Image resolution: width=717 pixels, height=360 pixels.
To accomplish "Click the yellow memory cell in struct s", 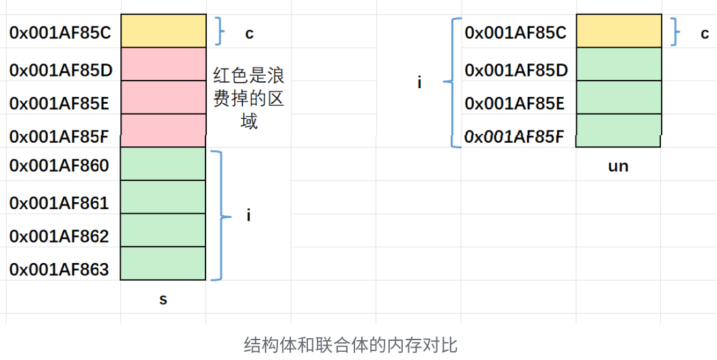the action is click(163, 31).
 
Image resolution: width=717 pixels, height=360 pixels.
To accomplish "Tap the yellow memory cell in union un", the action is click(618, 31).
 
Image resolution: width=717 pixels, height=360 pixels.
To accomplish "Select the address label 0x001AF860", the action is click(59, 166).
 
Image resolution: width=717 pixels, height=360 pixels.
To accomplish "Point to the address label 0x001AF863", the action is click(59, 270).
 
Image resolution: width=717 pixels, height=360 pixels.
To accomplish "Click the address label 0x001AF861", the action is click(59, 203).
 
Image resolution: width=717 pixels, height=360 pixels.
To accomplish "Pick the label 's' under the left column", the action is click(163, 299).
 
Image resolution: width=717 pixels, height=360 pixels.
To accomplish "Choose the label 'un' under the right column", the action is click(618, 166).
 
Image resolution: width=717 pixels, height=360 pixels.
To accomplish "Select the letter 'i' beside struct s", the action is click(249, 216).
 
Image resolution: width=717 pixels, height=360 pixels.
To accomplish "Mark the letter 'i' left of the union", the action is click(419, 83).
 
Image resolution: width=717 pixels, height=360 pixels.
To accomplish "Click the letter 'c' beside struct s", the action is click(249, 33).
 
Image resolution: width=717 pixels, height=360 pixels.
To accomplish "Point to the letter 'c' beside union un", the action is click(705, 33).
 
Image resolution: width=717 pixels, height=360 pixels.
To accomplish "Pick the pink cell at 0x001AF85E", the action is click(163, 97).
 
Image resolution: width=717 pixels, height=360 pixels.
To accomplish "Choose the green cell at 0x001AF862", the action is click(163, 230).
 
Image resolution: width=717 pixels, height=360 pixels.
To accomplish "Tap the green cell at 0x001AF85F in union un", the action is click(618, 130).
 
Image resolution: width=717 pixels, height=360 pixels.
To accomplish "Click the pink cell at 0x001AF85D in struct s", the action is click(163, 64).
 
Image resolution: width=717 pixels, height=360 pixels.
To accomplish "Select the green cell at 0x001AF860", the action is click(163, 164).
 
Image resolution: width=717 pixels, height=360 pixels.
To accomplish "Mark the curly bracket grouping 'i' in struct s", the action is click(218, 216).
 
